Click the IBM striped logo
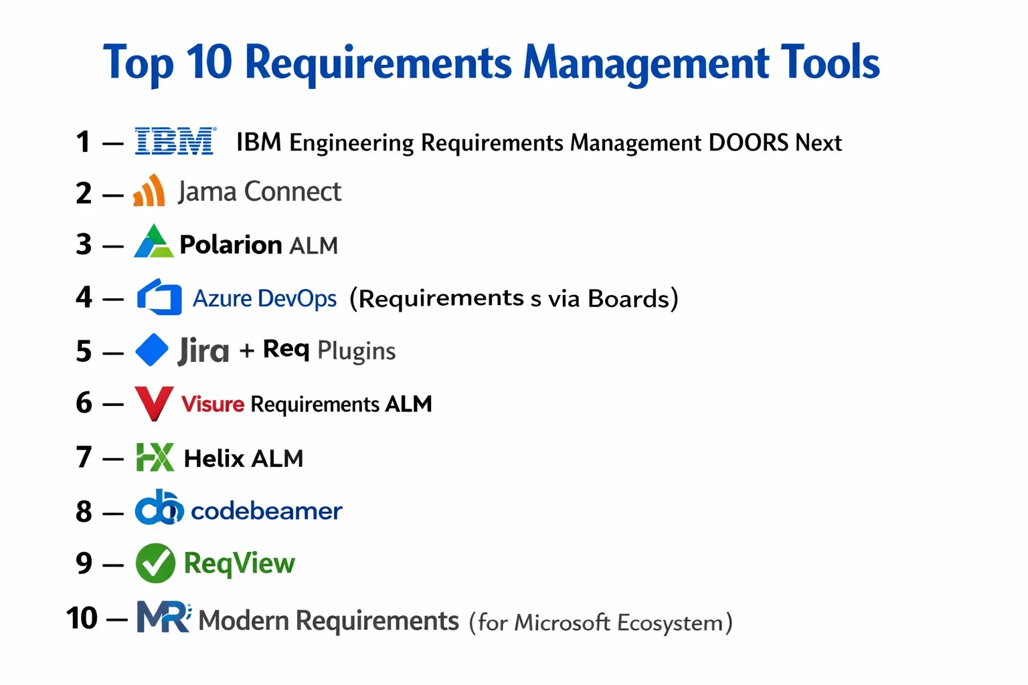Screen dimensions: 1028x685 pos(175,141)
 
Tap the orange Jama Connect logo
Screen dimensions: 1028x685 pos(149,191)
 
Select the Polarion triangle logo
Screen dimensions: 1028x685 pos(154,241)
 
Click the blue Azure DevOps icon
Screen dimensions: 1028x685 pos(159,297)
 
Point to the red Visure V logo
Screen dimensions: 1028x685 pos(154,403)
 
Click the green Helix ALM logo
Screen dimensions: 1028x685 pos(155,457)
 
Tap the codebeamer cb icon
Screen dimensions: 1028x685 pos(159,508)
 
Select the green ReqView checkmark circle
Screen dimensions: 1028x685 pos(155,563)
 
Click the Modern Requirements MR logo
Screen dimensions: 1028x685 pos(164,617)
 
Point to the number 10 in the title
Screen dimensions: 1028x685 pos(209,62)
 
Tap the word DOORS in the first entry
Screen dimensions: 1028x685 pos(748,142)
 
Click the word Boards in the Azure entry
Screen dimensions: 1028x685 pos(628,298)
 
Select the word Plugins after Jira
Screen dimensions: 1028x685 pos(356,352)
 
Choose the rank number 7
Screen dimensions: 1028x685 pos(84,458)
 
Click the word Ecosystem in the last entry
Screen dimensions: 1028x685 pos(669,623)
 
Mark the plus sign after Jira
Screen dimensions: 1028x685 pos(246,351)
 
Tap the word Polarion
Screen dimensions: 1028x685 pos(230,245)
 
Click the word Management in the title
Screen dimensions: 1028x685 pos(646,64)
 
